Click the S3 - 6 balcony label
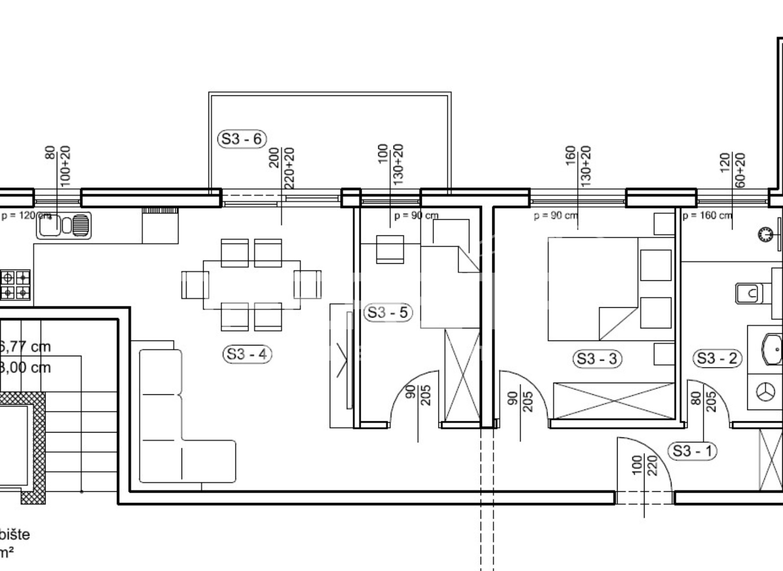click(x=242, y=139)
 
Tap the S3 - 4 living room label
click(x=247, y=354)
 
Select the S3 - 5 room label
click(x=388, y=312)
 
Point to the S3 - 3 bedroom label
click(x=597, y=359)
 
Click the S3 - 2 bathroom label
click(x=717, y=359)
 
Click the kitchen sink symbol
click(x=64, y=226)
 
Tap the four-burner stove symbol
click(x=16, y=285)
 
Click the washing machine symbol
click(x=766, y=392)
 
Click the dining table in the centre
click(x=252, y=285)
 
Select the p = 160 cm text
click(x=707, y=216)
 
